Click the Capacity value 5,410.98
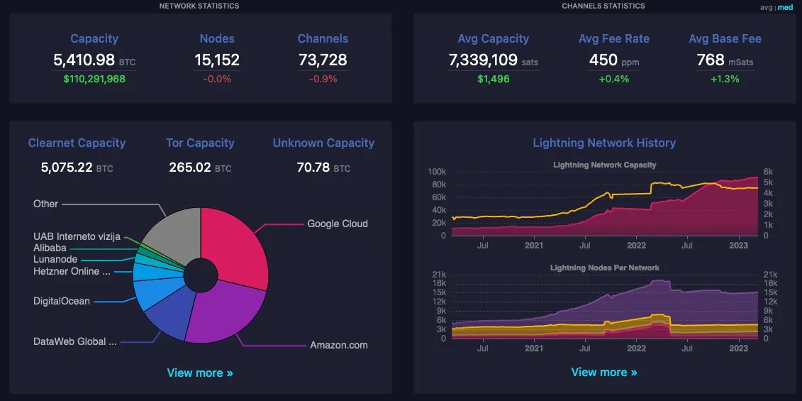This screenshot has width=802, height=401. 84,60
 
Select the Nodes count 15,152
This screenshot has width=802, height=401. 217,60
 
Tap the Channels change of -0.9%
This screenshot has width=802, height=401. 323,79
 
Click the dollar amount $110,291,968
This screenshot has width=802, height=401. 94,79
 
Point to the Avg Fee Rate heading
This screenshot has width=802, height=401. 614,38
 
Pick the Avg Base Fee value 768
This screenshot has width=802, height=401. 711,60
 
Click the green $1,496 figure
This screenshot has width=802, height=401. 494,79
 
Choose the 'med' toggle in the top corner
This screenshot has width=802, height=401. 786,7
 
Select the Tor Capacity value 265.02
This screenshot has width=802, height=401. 190,167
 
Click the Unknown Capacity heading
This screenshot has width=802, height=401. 323,143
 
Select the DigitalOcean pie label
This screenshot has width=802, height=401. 62,301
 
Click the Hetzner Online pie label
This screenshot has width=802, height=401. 72,271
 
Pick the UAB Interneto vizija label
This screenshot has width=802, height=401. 77,236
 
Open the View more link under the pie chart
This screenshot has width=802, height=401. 200,373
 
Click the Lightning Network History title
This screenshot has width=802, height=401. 604,143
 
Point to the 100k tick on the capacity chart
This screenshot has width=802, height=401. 436,172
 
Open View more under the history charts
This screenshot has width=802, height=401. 604,372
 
